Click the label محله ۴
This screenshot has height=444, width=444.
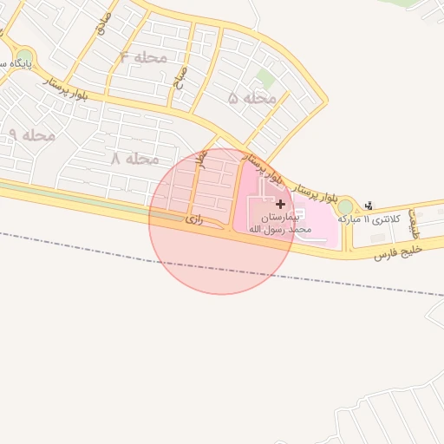click(x=143, y=57)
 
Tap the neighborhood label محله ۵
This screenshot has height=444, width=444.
click(x=252, y=98)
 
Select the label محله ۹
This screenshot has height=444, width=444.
click(x=33, y=134)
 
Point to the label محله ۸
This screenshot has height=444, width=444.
click(x=135, y=159)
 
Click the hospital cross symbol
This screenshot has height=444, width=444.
click(x=279, y=204)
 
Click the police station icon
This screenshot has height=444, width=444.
click(x=369, y=206)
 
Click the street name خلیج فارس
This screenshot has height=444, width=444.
click(x=397, y=251)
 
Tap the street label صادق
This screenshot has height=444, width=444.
click(x=103, y=23)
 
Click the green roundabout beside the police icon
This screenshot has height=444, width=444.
click(x=345, y=206)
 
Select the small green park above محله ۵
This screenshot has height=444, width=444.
click(x=265, y=79)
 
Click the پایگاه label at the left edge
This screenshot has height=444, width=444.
click(x=14, y=64)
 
